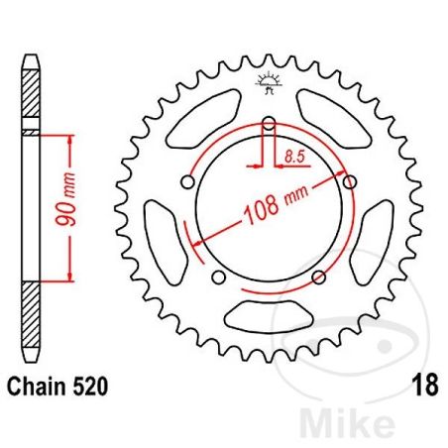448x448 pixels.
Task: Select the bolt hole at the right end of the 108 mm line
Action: click(349, 180)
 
